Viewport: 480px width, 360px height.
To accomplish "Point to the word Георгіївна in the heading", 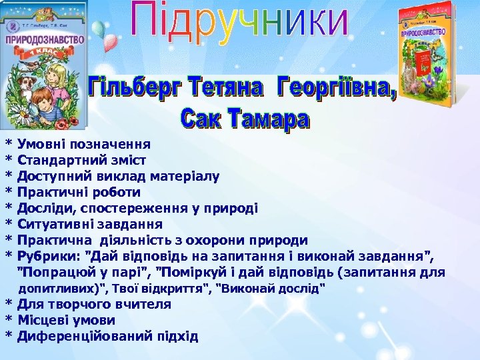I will click(337, 89).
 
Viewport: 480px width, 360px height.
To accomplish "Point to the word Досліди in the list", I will click(44, 208).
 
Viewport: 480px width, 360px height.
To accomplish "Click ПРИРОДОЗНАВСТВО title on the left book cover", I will click(45, 39).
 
